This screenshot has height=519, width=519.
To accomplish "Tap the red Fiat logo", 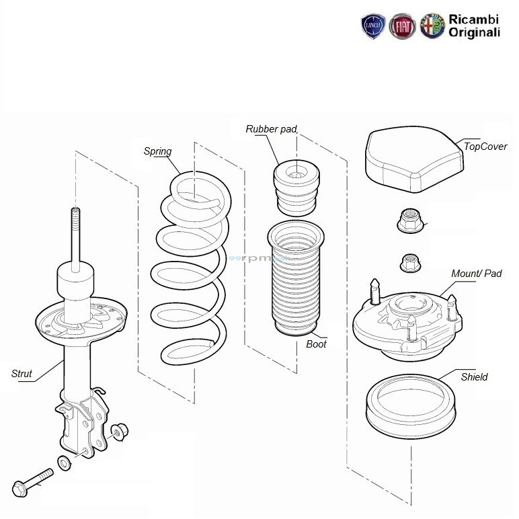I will (402, 26).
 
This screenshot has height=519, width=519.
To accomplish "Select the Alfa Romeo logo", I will (432, 26).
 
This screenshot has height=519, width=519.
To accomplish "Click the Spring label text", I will (158, 151).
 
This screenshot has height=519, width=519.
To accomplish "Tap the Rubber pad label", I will (271, 128).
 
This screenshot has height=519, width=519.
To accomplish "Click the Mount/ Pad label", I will (476, 274).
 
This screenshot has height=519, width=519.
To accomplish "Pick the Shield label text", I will (474, 377).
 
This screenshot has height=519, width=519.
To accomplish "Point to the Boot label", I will (316, 344).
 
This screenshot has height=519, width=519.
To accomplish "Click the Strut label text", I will (22, 374).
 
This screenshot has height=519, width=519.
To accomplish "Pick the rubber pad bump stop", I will (294, 186).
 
